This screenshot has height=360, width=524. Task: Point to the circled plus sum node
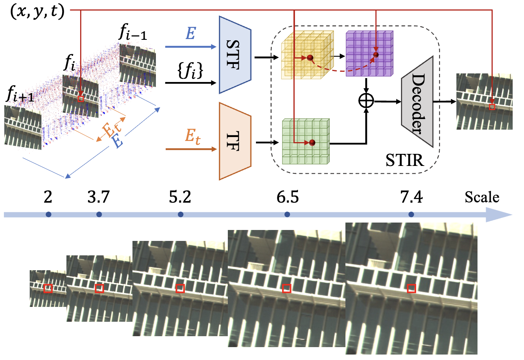pyautogui.click(x=366, y=102)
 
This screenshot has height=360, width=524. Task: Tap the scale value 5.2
pyautogui.click(x=180, y=198)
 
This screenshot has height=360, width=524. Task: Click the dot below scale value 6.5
pyautogui.click(x=287, y=214)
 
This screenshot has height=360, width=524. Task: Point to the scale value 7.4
pyautogui.click(x=411, y=198)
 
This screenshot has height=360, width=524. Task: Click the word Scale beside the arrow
pyautogui.click(x=482, y=197)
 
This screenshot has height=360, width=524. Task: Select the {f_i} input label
pyautogui.click(x=191, y=73)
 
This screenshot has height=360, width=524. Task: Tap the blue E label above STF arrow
pyautogui.click(x=190, y=34)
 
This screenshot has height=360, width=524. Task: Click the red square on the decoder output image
pyautogui.click(x=492, y=107)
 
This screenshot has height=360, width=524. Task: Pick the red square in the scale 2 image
pyautogui.click(x=48, y=289)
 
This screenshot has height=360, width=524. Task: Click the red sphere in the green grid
pyautogui.click(x=312, y=143)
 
